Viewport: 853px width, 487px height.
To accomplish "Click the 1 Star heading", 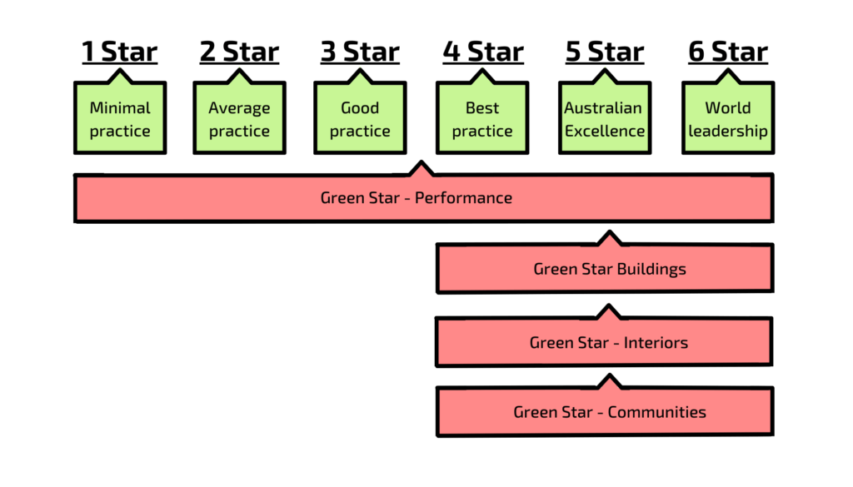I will click(119, 52).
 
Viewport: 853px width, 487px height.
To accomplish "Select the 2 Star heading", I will click(239, 52).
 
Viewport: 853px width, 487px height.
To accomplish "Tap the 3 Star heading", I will click(360, 52).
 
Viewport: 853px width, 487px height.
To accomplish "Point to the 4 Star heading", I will click(482, 52).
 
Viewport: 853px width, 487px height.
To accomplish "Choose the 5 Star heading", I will click(605, 52).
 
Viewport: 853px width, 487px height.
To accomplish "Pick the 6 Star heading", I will click(727, 52).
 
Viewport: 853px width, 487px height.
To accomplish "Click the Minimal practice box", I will click(120, 119).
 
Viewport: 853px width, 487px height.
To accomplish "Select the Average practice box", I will click(239, 119).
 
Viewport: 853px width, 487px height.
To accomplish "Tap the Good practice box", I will click(360, 119).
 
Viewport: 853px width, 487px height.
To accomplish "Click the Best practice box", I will click(482, 119).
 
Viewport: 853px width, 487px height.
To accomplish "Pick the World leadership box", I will click(727, 119).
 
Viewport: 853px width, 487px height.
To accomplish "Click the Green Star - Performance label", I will click(416, 198).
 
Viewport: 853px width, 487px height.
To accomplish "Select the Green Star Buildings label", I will click(610, 269).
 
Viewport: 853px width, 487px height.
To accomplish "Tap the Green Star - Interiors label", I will click(608, 342).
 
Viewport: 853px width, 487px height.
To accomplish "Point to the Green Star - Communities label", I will click(610, 412).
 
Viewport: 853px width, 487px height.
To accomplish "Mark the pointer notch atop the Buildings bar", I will click(609, 238).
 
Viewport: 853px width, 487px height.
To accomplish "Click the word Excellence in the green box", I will click(605, 132).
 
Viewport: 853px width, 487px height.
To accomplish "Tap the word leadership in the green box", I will click(727, 132).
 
